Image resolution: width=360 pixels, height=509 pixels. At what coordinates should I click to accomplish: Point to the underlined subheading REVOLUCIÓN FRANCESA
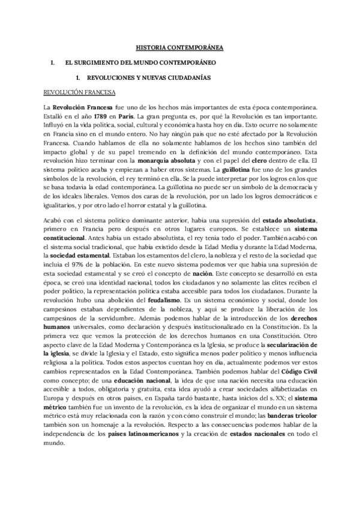click(x=77, y=92)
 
